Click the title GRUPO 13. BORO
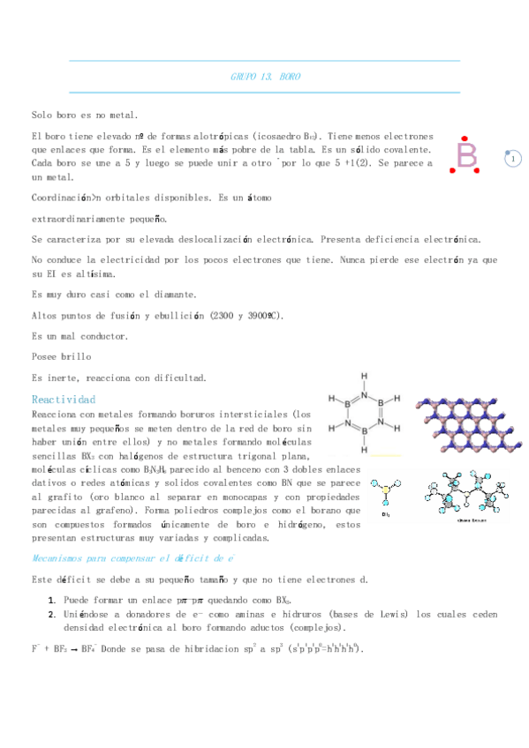(x=265, y=77)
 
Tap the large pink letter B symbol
(x=465, y=155)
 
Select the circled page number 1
(x=513, y=159)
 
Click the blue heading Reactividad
(x=64, y=400)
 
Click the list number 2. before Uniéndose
(x=52, y=614)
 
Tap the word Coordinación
(x=63, y=198)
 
